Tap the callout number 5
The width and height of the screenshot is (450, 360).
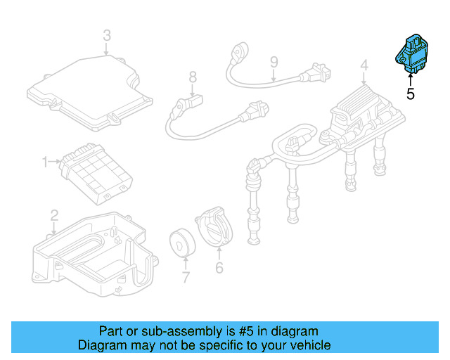[x=411, y=93]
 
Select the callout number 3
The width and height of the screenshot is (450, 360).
[x=107, y=34]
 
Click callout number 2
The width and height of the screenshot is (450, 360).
[x=54, y=214]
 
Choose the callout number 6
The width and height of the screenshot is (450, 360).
[x=219, y=267]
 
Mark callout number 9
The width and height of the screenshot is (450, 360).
[x=274, y=64]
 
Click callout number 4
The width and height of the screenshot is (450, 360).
[x=364, y=66]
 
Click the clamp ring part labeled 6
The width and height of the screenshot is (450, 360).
[x=216, y=226]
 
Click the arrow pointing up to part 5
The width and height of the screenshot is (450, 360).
[x=411, y=78]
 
